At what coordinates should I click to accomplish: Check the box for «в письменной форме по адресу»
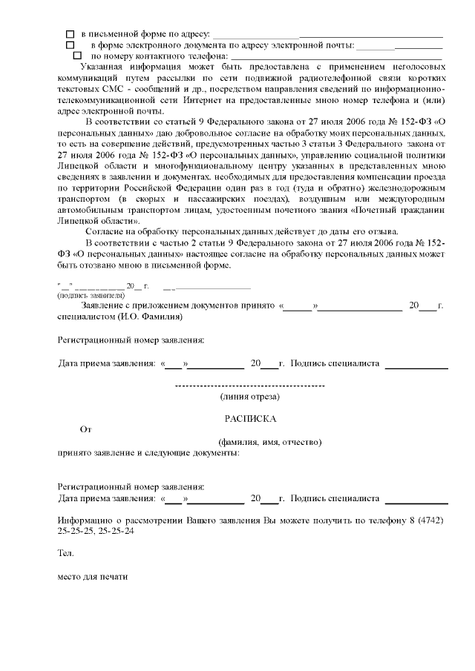71,35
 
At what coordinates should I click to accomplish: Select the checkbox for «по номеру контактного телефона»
77,56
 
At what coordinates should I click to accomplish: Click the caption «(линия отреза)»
249,397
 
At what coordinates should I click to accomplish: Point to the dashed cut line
249,386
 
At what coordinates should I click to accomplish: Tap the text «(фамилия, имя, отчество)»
264,442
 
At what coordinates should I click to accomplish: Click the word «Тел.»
65,553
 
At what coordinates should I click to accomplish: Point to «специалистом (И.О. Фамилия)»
119,317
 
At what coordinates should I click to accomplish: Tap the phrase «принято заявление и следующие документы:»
148,452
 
